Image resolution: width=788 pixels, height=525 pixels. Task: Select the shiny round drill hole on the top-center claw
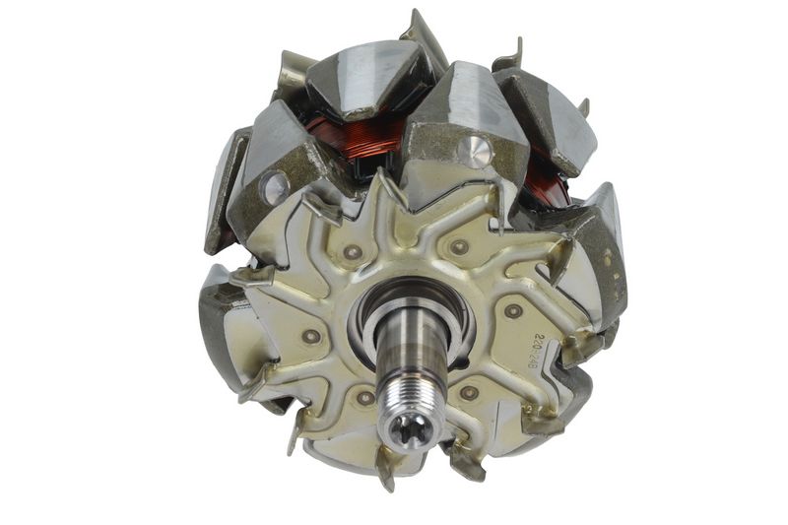[x=476, y=151]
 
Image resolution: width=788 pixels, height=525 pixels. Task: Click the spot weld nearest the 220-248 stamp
[x=513, y=311]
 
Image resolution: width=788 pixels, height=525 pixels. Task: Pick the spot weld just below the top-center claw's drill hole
[x=460, y=246]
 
